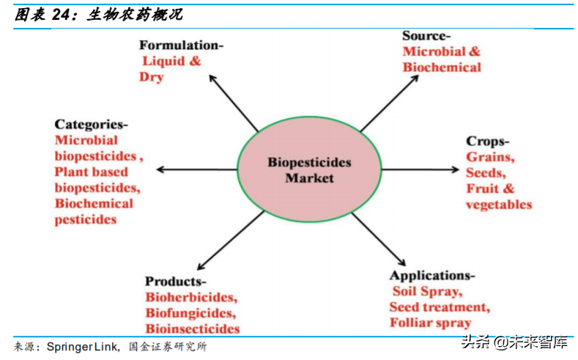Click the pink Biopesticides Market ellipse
coord(308,169)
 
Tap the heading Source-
coord(426,35)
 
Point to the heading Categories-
coord(91,124)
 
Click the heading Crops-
coord(487,141)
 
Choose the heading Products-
coord(175,282)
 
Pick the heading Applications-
coord(431,275)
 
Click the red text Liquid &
coord(171,62)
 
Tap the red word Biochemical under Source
coord(442,67)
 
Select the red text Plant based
coord(91,172)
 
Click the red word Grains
coord(490,157)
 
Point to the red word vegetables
coord(498,205)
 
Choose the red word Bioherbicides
coord(190,298)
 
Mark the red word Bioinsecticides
coord(192,329)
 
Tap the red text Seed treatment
coord(439,307)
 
